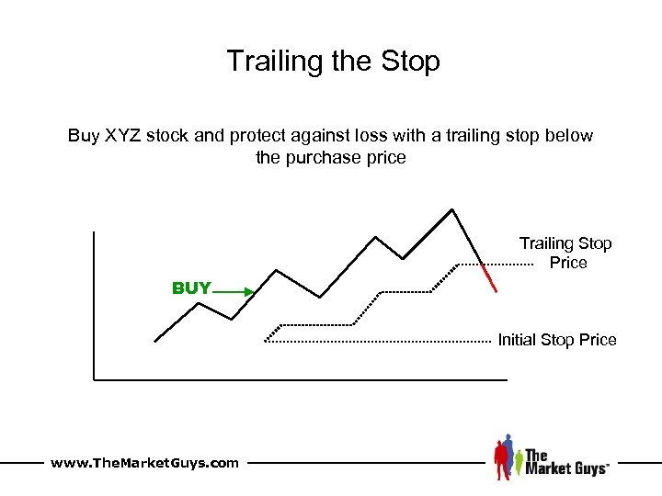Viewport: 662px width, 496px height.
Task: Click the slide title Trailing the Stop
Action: (x=333, y=62)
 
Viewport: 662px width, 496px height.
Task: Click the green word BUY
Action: (x=191, y=288)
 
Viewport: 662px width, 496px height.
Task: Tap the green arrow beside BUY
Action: (x=238, y=291)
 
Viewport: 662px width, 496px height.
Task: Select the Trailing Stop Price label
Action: (x=565, y=253)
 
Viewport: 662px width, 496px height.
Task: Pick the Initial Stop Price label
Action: (x=557, y=340)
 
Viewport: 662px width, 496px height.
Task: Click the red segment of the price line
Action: (x=490, y=277)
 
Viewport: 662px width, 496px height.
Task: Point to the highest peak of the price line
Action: (x=452, y=209)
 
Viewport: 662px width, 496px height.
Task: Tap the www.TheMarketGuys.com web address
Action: (x=144, y=463)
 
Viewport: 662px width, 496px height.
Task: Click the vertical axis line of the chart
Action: (x=94, y=303)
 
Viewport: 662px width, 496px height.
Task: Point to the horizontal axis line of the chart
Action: (x=300, y=378)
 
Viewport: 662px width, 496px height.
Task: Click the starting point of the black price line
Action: (x=155, y=341)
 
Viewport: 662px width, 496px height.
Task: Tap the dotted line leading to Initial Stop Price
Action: (x=377, y=342)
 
